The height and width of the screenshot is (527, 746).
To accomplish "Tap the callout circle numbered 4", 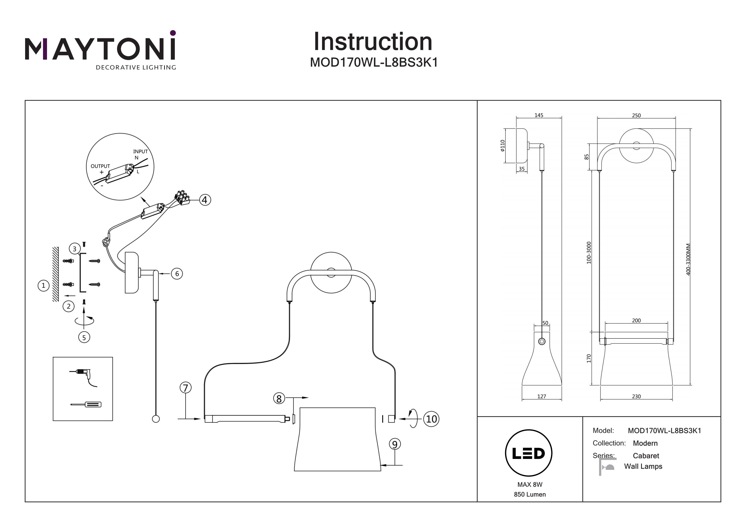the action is tap(204, 200).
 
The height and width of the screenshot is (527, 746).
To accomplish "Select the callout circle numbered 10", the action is tap(431, 419).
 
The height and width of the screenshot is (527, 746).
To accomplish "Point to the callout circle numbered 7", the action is tap(186, 388).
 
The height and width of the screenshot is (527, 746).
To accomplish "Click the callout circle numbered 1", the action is tap(44, 286).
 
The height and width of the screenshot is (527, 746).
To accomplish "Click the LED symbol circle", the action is tap(529, 453).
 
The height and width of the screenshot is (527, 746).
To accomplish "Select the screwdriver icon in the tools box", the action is tap(86, 404).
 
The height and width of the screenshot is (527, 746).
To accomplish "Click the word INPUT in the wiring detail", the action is tap(140, 152).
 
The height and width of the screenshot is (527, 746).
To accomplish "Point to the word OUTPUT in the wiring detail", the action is tap(100, 166).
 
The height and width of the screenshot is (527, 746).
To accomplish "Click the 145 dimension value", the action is tap(539, 115).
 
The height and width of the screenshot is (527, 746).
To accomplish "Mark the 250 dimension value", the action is tap(636, 116).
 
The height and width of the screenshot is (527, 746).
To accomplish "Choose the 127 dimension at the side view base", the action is tap(542, 397).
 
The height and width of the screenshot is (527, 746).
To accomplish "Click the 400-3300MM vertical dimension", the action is tap(688, 259).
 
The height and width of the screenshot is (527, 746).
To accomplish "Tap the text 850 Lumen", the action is tap(530, 494).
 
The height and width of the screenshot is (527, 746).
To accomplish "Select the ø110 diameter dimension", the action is tap(503, 146).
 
